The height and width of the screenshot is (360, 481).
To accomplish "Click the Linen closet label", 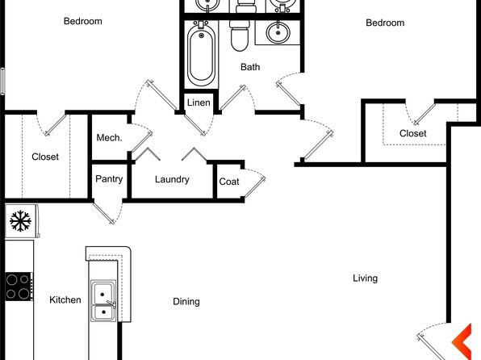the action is click(199, 103).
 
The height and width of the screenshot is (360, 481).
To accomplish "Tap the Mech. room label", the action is click(109, 137).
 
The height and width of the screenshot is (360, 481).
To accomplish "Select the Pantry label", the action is click(109, 179).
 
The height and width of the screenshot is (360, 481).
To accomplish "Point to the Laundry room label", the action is click(172, 179).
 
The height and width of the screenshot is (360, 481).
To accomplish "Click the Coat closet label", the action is click(229, 182).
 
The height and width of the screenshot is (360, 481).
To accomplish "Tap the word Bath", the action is click(250, 67).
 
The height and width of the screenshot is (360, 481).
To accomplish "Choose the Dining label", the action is click(186, 302).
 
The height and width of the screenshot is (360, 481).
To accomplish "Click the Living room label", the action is click(365, 278).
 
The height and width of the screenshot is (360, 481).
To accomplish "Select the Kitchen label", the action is click(65, 299).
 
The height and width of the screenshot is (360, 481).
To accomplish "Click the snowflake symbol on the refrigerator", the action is click(20, 221).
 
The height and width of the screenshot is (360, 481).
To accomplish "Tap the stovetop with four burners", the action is click(19, 287).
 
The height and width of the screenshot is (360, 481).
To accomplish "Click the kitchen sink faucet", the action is click(111, 303).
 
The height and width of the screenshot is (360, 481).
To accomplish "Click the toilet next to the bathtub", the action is click(239, 36).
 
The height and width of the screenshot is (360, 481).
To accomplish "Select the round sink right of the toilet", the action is click(278, 32).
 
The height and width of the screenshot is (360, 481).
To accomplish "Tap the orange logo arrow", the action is click(462, 341).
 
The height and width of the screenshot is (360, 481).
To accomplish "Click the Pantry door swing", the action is click(108, 212).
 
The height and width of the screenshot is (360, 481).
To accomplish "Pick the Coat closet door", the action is click(254, 186).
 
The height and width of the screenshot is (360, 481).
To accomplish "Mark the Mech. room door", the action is click(141, 142).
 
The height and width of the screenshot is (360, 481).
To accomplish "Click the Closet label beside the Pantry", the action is click(45, 157).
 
